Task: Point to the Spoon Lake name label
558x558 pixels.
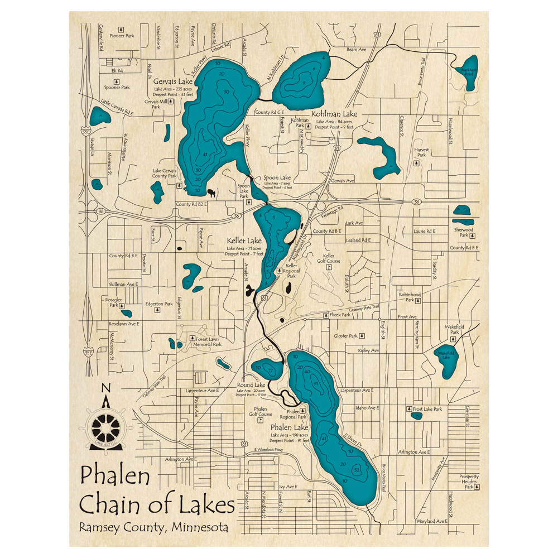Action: [x=277, y=177]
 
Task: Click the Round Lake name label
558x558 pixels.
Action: [x=251, y=385]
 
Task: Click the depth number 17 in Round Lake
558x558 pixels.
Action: [x=271, y=371]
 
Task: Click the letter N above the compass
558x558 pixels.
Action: [x=107, y=389]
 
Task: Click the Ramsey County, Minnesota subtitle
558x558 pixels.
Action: [x=153, y=527]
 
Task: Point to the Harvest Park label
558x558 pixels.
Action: [x=421, y=152]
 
